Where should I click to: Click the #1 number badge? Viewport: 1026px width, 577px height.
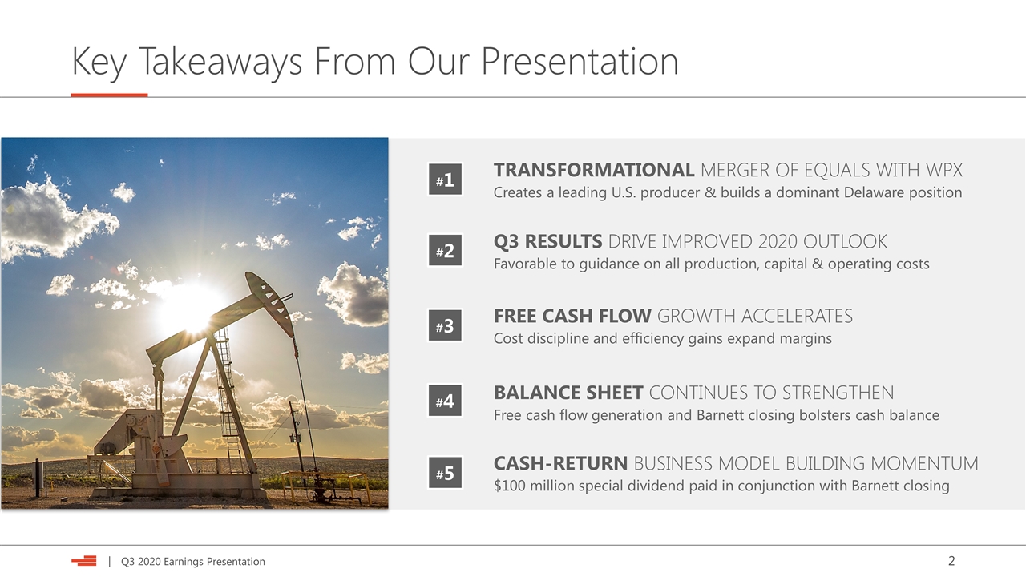point(445,179)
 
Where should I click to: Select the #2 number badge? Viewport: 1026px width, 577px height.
point(445,250)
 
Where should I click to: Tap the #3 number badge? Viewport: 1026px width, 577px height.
point(445,325)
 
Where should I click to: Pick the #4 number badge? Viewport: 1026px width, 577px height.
point(445,401)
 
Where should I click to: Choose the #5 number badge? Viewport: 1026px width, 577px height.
point(445,473)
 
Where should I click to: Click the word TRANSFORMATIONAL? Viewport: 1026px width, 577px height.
point(594,170)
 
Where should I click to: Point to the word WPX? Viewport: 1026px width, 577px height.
point(944,170)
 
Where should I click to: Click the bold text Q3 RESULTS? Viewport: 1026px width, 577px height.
point(547,241)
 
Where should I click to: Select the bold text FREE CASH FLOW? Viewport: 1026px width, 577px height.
point(572,316)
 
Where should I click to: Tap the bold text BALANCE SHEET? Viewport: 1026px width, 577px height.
point(568,393)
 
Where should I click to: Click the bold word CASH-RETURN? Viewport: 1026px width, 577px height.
point(560,463)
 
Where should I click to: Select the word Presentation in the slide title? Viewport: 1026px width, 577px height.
point(580,61)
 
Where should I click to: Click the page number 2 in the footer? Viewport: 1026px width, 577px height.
point(951,561)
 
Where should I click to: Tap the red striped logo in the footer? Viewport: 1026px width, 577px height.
point(84,561)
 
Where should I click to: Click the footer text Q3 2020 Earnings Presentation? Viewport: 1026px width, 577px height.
point(193,562)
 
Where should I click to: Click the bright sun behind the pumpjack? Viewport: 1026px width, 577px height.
point(192,307)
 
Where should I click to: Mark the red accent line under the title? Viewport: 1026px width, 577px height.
point(109,95)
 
